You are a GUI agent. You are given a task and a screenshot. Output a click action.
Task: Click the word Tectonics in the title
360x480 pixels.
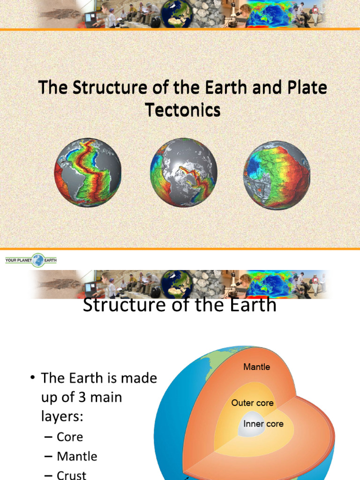coord(183,110)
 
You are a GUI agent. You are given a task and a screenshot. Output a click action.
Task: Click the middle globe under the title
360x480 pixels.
coord(183,172)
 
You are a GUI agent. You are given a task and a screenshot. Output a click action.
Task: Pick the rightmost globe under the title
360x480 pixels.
coord(277,175)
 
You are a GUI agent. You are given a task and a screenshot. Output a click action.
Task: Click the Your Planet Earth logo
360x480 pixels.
coord(30,260)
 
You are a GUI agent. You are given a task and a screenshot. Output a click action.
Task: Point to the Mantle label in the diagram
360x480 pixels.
coord(256,367)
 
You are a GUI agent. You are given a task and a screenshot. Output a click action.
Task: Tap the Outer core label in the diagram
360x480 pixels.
coord(252,403)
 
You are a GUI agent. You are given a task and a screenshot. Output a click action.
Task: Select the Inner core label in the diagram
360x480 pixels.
coord(263,424)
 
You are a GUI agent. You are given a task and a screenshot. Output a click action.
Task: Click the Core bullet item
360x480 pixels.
coord(69,437)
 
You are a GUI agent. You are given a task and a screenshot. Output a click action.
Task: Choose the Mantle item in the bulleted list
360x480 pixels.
coord(77,456)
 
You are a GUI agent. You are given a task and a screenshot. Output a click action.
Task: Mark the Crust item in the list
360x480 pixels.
coord(71,474)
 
